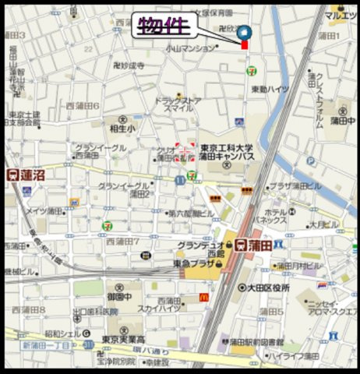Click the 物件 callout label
pos(164,26)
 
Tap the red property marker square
pos(245,46)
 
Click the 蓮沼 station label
pos(27,175)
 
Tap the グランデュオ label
pos(199,245)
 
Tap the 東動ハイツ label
pos(270,90)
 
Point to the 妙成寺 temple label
pos(129,66)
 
